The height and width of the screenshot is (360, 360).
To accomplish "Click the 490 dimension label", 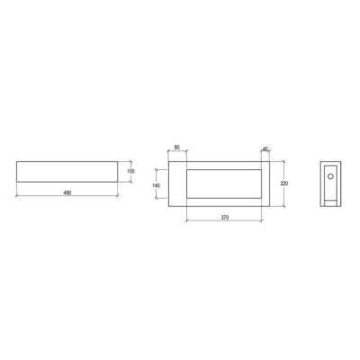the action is point(67,193).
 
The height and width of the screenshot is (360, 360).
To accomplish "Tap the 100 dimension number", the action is point(130,171).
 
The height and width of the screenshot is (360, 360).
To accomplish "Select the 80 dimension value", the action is point(177,148).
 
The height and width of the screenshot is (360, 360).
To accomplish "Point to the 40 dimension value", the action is point(265,148).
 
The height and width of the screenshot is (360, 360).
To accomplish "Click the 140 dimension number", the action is point(156,185).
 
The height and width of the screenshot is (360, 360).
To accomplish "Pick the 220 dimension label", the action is point(283,184).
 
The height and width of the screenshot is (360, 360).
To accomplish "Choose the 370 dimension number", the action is point(225,218).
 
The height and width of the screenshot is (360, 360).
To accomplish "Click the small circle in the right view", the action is point(330,176).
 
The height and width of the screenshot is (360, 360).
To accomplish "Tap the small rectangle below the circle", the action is point(330,203).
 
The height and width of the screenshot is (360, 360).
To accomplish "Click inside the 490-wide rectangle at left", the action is point(67,172).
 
